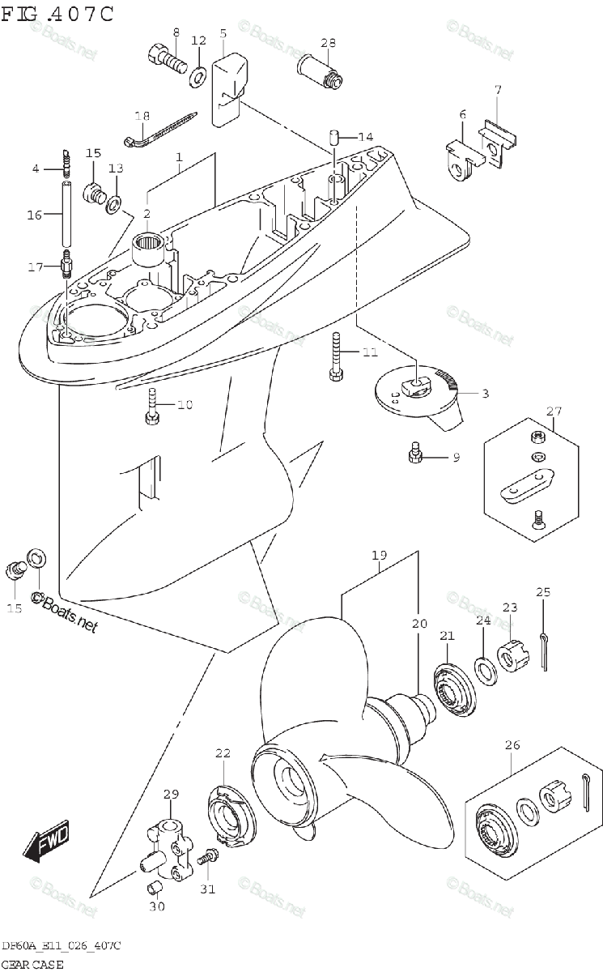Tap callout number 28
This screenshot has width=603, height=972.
(x=328, y=43)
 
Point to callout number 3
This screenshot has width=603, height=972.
(x=485, y=394)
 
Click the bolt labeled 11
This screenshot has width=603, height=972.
(x=334, y=356)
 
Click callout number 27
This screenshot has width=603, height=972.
(x=553, y=411)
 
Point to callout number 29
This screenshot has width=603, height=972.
(x=170, y=793)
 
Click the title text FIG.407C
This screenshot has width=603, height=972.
(x=57, y=14)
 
